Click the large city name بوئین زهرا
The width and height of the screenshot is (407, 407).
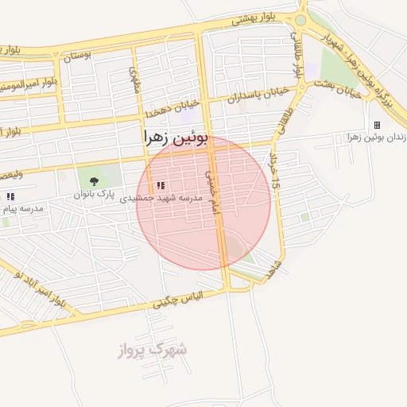pos(176,137)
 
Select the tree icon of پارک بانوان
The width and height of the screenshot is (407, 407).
pos(95,182)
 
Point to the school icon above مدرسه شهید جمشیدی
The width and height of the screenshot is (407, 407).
pos(161,185)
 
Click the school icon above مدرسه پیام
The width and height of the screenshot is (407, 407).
pos(10,196)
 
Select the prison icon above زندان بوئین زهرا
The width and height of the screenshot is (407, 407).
pos(377,126)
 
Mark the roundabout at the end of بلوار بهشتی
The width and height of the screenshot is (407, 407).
pos(300,21)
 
